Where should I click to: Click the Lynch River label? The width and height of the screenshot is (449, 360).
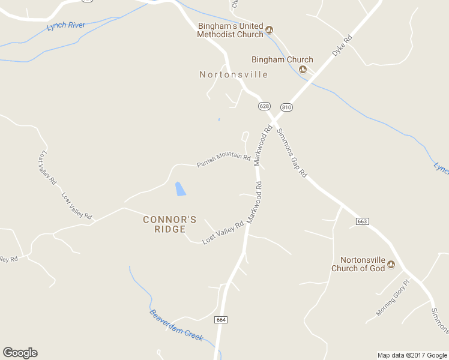[66, 26]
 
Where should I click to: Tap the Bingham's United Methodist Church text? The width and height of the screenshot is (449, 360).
[231, 30]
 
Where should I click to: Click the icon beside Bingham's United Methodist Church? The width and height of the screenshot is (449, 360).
[270, 29]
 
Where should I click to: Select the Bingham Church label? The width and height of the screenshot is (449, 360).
[282, 59]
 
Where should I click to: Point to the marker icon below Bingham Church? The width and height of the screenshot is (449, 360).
[303, 70]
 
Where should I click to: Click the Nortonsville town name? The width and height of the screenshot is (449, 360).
[234, 74]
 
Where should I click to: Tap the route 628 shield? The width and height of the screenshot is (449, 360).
[264, 106]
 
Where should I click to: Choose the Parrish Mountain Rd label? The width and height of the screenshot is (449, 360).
[223, 160]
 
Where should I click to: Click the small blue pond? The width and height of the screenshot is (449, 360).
[179, 189]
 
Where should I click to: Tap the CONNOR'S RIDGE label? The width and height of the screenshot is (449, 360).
[169, 224]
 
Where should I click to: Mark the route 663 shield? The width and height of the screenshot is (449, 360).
[361, 221]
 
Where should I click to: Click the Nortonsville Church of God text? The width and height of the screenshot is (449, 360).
[358, 264]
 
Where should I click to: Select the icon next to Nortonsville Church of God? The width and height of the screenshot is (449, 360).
[391, 264]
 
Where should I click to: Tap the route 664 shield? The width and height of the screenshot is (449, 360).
[221, 320]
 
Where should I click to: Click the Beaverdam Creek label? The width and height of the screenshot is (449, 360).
[176, 325]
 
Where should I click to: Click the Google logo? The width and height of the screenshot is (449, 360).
[20, 353]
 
